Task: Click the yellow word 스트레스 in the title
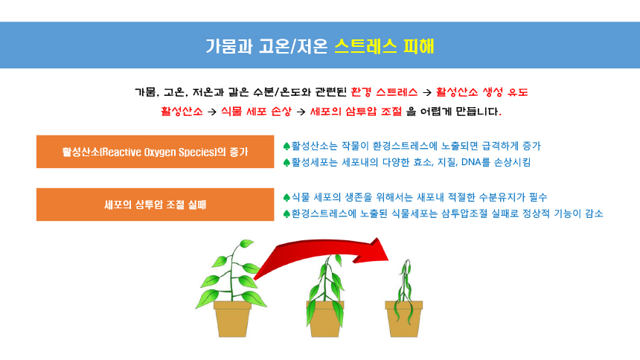[365, 46]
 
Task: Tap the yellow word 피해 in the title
[419, 46]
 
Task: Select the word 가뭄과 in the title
[228, 46]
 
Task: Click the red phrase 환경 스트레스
[384, 92]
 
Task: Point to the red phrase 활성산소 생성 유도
[481, 92]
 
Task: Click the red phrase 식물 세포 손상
[256, 112]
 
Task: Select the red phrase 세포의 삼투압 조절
[356, 112]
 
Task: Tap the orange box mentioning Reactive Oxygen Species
[155, 152]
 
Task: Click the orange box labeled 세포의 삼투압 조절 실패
[155, 205]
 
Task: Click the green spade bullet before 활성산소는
[287, 146]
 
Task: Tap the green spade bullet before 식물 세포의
[287, 198]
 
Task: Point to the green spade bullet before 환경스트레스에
[287, 214]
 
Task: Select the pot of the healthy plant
[232, 319]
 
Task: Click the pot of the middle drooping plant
[325, 319]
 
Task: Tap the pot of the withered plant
[403, 319]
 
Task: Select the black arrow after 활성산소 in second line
[212, 112]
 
